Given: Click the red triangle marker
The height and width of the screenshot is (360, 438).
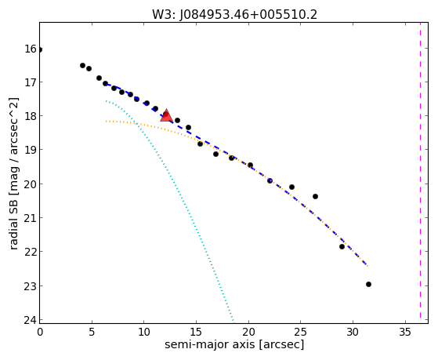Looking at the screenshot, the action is click(166, 115).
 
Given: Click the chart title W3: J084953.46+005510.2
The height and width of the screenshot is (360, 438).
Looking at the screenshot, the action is click(234, 15).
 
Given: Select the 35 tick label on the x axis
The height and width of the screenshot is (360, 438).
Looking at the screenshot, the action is click(405, 332).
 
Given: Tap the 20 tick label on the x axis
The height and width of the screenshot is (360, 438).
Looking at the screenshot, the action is click(248, 332).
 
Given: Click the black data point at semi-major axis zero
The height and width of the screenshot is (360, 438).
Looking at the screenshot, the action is click(40, 49).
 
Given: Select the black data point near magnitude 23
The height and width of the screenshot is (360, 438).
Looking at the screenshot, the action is click(368, 284).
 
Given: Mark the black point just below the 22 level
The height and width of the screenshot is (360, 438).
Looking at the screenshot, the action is click(342, 246).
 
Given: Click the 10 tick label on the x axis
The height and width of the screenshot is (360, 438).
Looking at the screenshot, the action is click(143, 332).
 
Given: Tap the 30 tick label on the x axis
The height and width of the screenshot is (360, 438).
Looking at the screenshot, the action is click(353, 332).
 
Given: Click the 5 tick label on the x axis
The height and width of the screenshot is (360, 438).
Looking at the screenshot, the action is click(92, 332).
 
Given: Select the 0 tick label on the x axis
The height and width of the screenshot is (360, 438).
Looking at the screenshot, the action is click(40, 332).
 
